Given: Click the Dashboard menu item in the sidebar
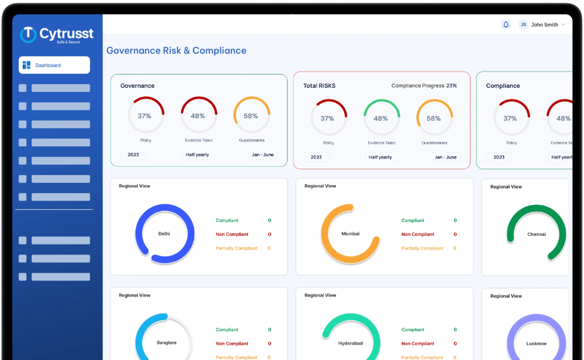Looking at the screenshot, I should click(54, 65).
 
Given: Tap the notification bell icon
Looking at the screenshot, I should click(506, 24).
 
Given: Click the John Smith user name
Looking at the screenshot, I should click(545, 24).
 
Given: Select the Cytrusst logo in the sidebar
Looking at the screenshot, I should click(57, 35).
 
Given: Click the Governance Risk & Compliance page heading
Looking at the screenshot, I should click(176, 50).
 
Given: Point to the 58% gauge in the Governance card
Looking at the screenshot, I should click(251, 116).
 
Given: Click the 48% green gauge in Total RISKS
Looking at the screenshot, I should click(381, 118).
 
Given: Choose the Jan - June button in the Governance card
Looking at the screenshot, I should click(263, 155).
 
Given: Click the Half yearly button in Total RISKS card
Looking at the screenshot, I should click(380, 157).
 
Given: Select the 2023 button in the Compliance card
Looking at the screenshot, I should click(499, 157).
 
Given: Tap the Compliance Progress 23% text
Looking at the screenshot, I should click(424, 86).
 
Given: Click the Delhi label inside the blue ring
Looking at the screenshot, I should click(164, 234).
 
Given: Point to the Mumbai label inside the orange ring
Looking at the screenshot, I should click(350, 234).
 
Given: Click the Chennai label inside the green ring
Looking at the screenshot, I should click(536, 234).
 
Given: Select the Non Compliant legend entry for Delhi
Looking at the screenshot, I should click(232, 234).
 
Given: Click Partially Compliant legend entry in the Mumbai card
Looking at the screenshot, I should click(422, 248).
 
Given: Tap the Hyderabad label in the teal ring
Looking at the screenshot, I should click(350, 343).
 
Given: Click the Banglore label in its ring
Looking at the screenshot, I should click(167, 343).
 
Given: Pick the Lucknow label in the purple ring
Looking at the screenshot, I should click(536, 343).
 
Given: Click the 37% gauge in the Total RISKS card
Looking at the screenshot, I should click(327, 118).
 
